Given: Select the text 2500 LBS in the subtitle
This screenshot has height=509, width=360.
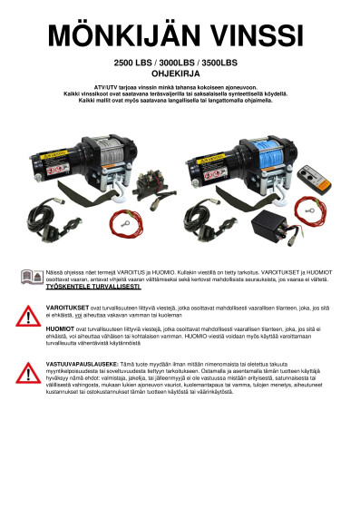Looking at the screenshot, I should click(132, 65).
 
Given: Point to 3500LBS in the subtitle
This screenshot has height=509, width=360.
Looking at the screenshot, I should click(220, 65).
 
